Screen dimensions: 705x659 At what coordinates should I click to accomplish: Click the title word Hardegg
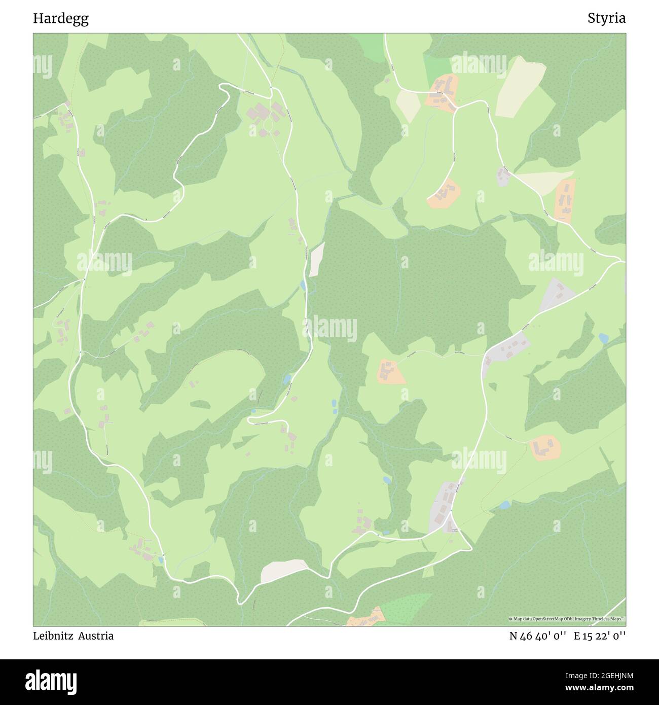[x=61, y=19]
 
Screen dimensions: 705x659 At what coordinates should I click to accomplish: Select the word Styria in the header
[x=606, y=19]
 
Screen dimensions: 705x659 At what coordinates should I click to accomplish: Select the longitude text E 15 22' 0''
[x=600, y=636]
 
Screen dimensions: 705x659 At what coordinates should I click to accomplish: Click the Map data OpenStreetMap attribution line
[x=566, y=619]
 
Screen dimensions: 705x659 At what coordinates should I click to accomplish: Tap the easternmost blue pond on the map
[x=603, y=338]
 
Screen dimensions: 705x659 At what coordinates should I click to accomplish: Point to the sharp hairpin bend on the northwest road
[x=223, y=86]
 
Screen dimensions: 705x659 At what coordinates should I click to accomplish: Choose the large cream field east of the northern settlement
[x=520, y=87]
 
